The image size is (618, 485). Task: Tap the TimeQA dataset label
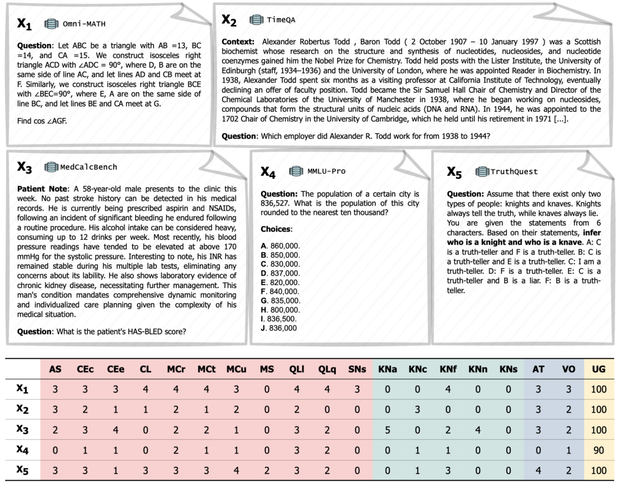click(x=281, y=20)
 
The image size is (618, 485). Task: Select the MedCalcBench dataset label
click(x=88, y=167)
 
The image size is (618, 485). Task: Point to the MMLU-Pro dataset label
click(x=326, y=171)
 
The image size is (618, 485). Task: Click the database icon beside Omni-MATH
click(x=52, y=23)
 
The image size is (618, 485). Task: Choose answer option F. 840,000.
click(x=280, y=291)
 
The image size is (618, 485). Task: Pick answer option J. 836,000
click(x=279, y=328)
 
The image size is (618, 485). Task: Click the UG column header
click(x=599, y=369)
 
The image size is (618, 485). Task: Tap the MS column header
click(x=267, y=369)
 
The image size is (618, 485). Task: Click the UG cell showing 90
click(x=599, y=450)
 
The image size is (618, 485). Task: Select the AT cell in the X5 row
click(x=538, y=470)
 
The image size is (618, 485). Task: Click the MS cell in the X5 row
click(x=267, y=470)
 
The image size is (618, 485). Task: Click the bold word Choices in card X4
click(x=276, y=229)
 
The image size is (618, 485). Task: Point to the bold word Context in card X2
click(x=239, y=42)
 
